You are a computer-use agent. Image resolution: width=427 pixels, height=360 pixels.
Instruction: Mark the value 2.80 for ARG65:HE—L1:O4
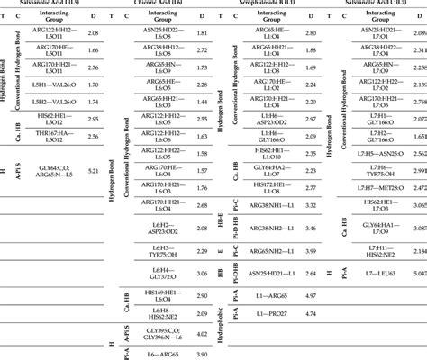(x=310, y=32)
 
